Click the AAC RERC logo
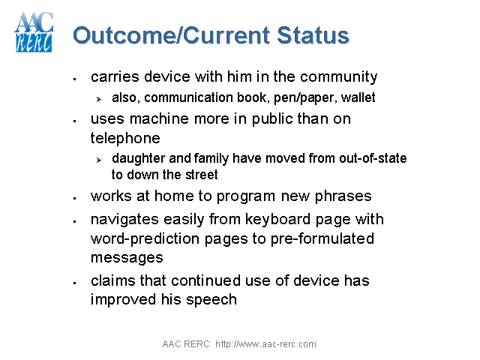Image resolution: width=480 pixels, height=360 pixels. click(34, 32)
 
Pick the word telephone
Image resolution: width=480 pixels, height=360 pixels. click(125, 138)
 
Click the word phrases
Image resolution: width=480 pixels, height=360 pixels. click(343, 196)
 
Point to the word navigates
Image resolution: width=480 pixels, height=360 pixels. click(124, 219)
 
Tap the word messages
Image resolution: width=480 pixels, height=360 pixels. click(127, 257)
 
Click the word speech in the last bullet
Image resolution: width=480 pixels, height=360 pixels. click(214, 299)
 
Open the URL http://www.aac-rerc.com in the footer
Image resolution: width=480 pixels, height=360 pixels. click(265, 344)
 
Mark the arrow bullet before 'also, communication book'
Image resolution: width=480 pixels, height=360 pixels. click(98, 98)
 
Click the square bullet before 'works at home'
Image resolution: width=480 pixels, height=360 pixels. click(75, 198)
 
